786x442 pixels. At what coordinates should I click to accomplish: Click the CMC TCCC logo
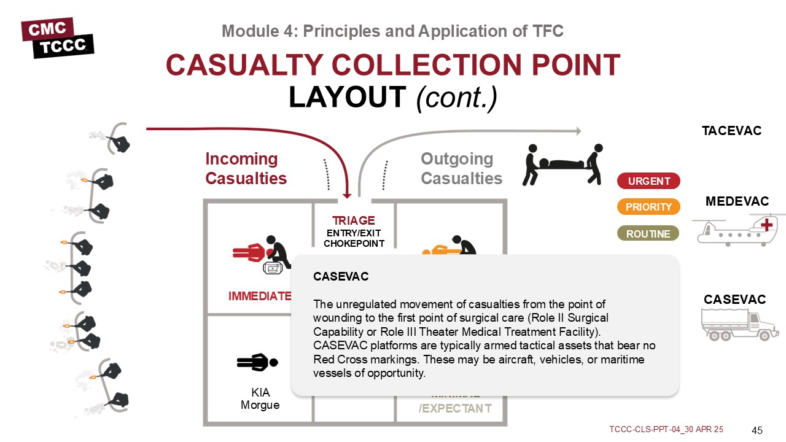click(x=57, y=37)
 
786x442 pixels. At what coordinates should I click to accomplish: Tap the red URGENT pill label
click(x=648, y=181)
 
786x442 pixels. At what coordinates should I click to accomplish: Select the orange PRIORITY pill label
click(x=648, y=207)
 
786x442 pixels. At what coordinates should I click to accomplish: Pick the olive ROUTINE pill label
click(x=648, y=234)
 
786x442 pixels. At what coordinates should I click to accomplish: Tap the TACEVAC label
click(x=731, y=131)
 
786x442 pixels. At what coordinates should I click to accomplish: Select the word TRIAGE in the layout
click(x=353, y=220)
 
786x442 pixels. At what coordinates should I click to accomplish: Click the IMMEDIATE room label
click(x=259, y=296)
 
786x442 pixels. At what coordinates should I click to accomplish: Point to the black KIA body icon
click(x=257, y=362)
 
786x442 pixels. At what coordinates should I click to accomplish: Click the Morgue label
click(x=260, y=405)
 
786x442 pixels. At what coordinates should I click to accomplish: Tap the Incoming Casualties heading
click(x=246, y=169)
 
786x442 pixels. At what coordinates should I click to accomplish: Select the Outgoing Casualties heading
click(x=461, y=169)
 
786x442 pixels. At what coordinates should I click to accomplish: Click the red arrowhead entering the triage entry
click(x=347, y=195)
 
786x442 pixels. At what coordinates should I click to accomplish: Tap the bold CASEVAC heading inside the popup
click(x=341, y=277)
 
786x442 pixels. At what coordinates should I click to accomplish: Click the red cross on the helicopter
click(x=766, y=225)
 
